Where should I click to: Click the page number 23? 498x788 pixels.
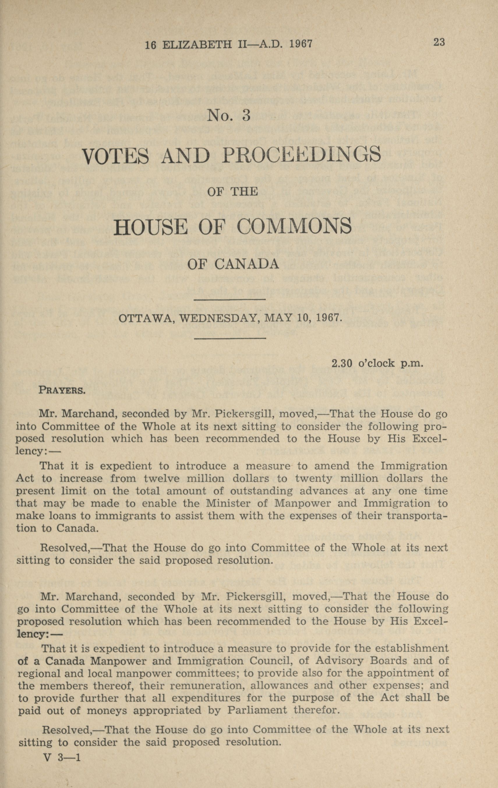click(439, 42)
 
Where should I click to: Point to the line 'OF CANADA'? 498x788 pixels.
click(233, 264)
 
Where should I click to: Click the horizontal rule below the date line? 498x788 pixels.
click(229, 338)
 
